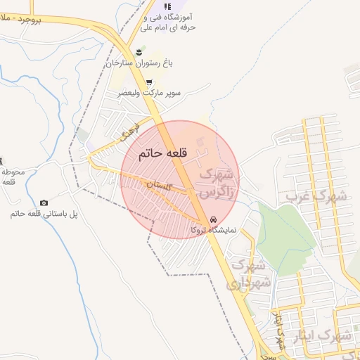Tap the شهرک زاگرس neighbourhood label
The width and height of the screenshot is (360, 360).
click(218, 181)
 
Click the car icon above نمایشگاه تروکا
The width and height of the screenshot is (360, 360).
click(214, 219)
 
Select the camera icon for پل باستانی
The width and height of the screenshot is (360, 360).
click(44, 202)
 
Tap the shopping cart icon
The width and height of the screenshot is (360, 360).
click(148, 82)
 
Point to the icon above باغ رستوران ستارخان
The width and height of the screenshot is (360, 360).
click(140, 52)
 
